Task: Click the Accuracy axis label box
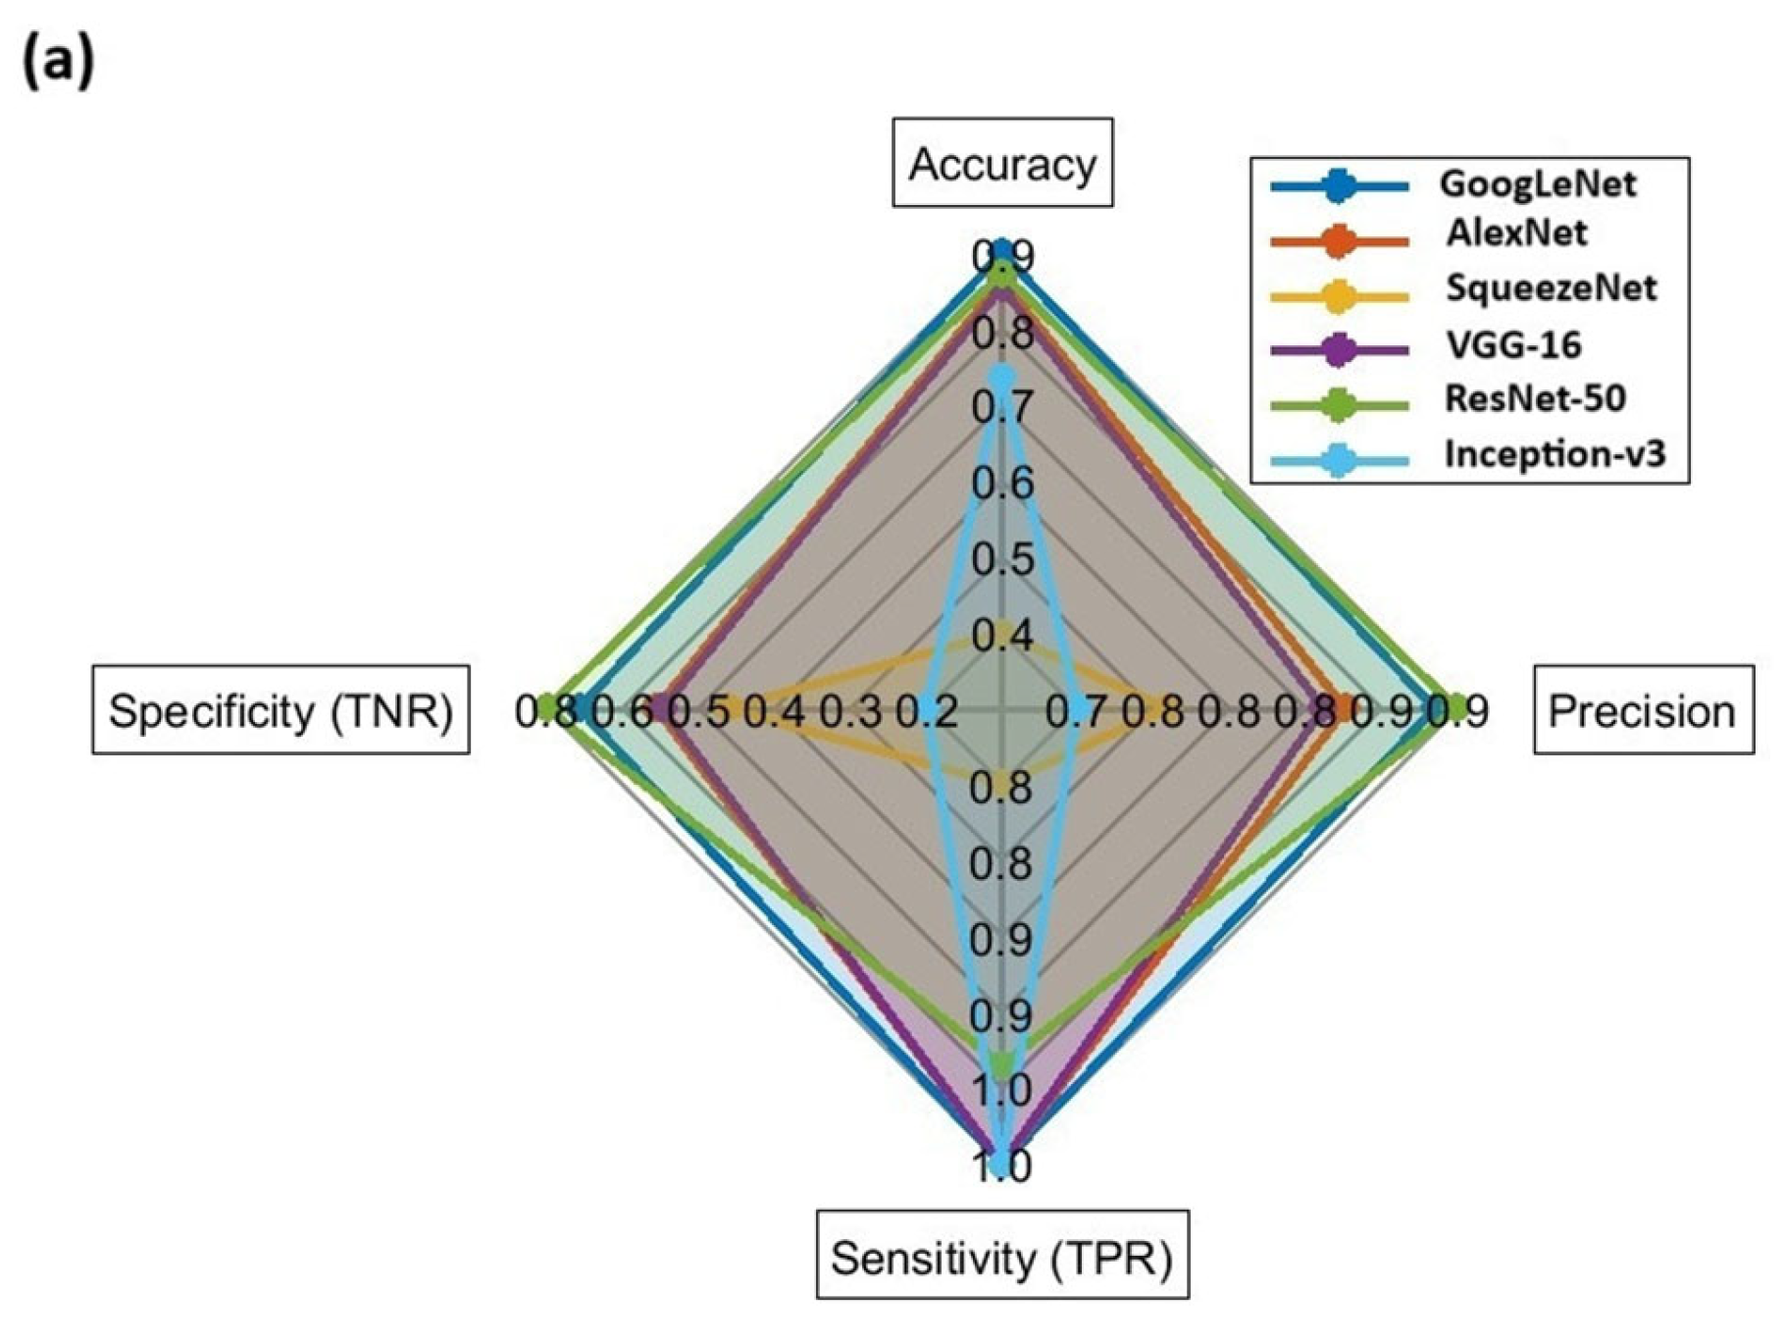point(1001,163)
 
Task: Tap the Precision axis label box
point(1643,710)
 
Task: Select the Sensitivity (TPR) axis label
point(1001,1256)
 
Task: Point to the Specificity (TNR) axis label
point(280,710)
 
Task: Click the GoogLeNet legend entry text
point(1537,183)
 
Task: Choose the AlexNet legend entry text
point(1515,233)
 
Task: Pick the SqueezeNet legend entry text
point(1551,287)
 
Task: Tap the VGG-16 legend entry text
point(1513,344)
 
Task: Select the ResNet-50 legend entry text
point(1535,397)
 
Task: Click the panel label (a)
point(58,62)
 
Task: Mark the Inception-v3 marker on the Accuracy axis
point(1000,376)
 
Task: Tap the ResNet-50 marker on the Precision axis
point(1457,705)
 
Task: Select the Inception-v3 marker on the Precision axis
point(1077,706)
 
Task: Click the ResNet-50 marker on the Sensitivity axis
point(1000,1063)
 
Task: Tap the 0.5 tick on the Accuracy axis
point(1001,559)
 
